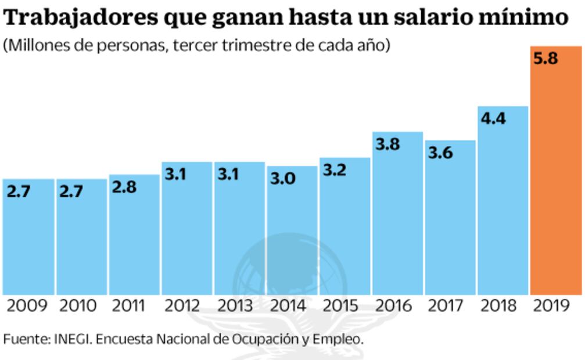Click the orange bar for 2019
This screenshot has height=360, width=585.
pos(555,174)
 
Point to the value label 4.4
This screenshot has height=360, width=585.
pos(493,118)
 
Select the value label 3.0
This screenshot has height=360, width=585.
pos(283,178)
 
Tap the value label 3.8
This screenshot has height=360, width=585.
pos(387,144)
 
